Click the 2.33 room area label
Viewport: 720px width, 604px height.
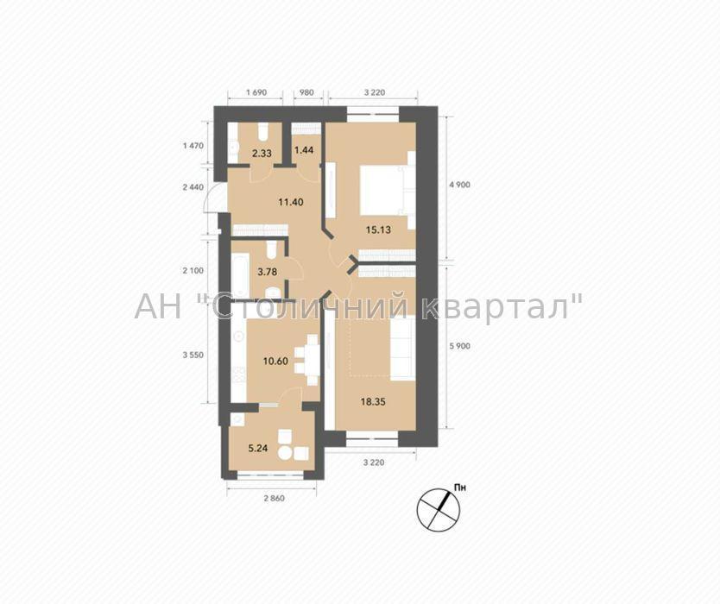tap(262, 154)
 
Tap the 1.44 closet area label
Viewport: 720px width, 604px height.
tap(304, 149)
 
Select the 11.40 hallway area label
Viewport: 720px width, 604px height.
tap(291, 202)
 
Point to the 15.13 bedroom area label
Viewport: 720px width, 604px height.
tap(378, 230)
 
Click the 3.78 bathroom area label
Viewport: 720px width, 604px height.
tap(268, 272)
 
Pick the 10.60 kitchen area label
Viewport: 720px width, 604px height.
tap(275, 362)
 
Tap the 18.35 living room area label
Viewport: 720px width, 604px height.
tap(373, 402)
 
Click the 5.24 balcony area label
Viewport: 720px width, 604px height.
tap(258, 449)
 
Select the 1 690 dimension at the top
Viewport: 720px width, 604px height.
tap(256, 92)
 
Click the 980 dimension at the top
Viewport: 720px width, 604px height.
tap(306, 92)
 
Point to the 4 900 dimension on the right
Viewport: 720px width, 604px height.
tap(459, 186)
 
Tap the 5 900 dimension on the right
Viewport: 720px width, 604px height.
tap(459, 347)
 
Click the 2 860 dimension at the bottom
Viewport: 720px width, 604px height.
tap(274, 499)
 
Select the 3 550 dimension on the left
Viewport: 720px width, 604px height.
tap(193, 355)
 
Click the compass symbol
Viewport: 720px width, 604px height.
tap(438, 507)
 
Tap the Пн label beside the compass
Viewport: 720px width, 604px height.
tap(459, 488)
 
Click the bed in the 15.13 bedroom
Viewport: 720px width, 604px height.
tap(384, 190)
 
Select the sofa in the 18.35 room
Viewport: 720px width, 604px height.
tap(403, 348)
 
